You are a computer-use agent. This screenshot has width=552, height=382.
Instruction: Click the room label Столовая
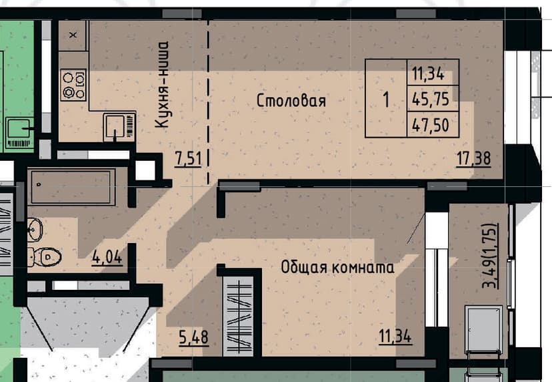click(x=291, y=101)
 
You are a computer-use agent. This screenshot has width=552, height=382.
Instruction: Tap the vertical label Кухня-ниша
click(x=162, y=85)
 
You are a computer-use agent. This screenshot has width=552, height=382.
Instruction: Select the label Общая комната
click(x=337, y=267)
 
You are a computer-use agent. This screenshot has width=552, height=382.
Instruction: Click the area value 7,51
click(x=189, y=158)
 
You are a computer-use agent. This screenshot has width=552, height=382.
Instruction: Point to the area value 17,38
click(x=473, y=158)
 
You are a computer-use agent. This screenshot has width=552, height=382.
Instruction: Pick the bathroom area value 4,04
click(x=107, y=257)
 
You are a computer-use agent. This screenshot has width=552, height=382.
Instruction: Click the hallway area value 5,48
click(x=193, y=337)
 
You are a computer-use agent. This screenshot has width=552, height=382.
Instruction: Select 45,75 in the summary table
click(x=431, y=99)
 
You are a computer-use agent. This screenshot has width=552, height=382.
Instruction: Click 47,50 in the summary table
click(x=431, y=125)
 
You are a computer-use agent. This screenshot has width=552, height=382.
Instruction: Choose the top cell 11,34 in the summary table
click(x=428, y=73)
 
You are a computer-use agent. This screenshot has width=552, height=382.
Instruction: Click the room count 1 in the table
click(x=386, y=99)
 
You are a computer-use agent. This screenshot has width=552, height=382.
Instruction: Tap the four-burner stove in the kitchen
click(x=73, y=85)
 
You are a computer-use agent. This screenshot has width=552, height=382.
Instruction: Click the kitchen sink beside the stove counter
click(x=120, y=126)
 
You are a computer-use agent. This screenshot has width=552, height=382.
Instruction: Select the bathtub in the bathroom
click(x=71, y=186)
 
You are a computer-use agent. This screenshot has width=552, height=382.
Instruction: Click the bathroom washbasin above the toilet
click(x=35, y=230)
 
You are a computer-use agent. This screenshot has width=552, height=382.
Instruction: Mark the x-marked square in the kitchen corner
click(x=73, y=35)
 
